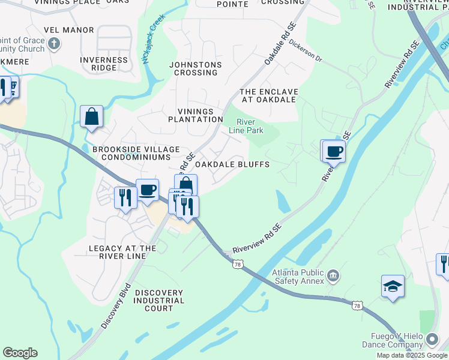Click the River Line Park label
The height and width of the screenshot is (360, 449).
246,125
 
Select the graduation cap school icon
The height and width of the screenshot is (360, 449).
393,287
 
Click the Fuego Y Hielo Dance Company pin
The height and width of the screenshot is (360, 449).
431,340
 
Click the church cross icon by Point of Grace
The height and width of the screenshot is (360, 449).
53,44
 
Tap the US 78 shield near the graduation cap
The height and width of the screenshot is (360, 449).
358,306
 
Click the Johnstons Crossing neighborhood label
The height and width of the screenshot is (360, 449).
195,68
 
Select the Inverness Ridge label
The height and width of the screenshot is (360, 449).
104,64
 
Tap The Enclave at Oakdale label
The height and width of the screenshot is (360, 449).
268,95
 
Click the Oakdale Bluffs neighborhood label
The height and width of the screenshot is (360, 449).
232,164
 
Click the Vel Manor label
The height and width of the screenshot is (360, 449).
69,30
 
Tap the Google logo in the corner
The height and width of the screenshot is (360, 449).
20,353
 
